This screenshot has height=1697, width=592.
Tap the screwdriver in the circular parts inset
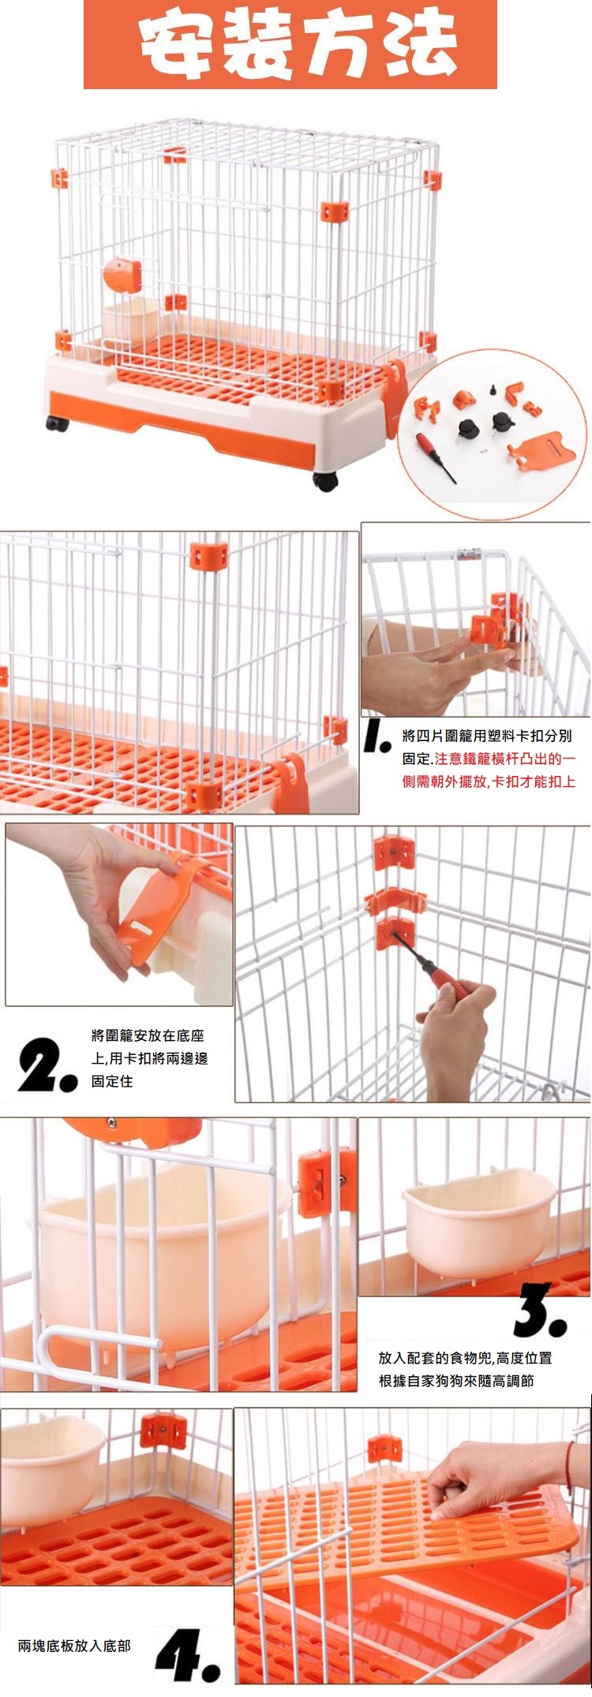coord(436,457)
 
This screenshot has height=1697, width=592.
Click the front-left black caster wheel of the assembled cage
coord(55,423)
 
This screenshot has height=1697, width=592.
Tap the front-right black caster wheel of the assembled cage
coord(325,480)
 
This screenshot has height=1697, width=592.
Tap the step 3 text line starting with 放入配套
coord(466,1358)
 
